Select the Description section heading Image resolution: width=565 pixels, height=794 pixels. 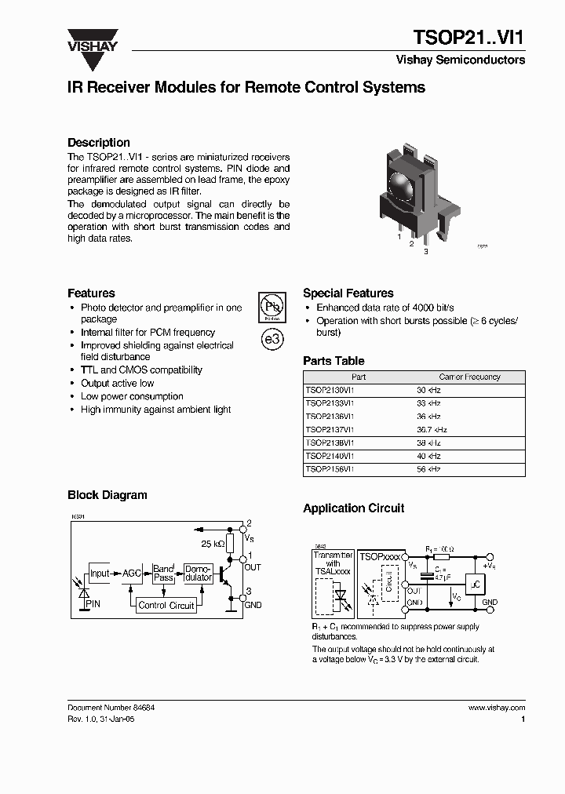99,143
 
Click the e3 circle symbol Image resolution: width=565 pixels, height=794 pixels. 271,341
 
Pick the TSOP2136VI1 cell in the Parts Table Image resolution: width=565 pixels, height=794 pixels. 330,417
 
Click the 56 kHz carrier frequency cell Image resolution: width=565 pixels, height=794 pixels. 428,469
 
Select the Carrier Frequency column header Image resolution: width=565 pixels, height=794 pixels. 469,377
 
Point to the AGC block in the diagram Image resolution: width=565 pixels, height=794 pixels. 131,574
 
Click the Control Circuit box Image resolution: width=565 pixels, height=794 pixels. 166,605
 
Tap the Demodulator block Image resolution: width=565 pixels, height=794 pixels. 198,574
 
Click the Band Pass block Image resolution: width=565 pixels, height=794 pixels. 164,574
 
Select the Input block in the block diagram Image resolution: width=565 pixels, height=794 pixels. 100,574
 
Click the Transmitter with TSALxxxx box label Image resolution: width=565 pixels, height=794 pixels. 333,563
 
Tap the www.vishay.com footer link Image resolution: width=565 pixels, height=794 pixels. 496,707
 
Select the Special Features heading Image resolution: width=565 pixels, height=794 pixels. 348,293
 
